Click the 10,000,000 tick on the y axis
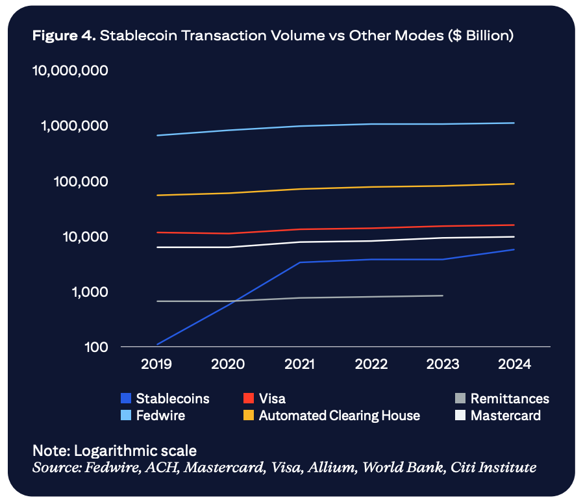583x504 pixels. (71, 70)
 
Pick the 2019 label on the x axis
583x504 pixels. (156, 364)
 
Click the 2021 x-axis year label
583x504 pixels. (300, 364)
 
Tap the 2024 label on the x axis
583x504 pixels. (514, 364)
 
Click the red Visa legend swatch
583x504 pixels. (248, 399)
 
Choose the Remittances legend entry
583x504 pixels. (510, 399)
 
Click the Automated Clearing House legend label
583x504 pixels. (339, 416)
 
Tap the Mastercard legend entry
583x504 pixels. (506, 416)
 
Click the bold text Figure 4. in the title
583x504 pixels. (64, 36)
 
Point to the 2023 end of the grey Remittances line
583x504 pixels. (443, 296)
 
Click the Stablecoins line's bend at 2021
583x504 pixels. (300, 262)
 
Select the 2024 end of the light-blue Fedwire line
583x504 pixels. (514, 123)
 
